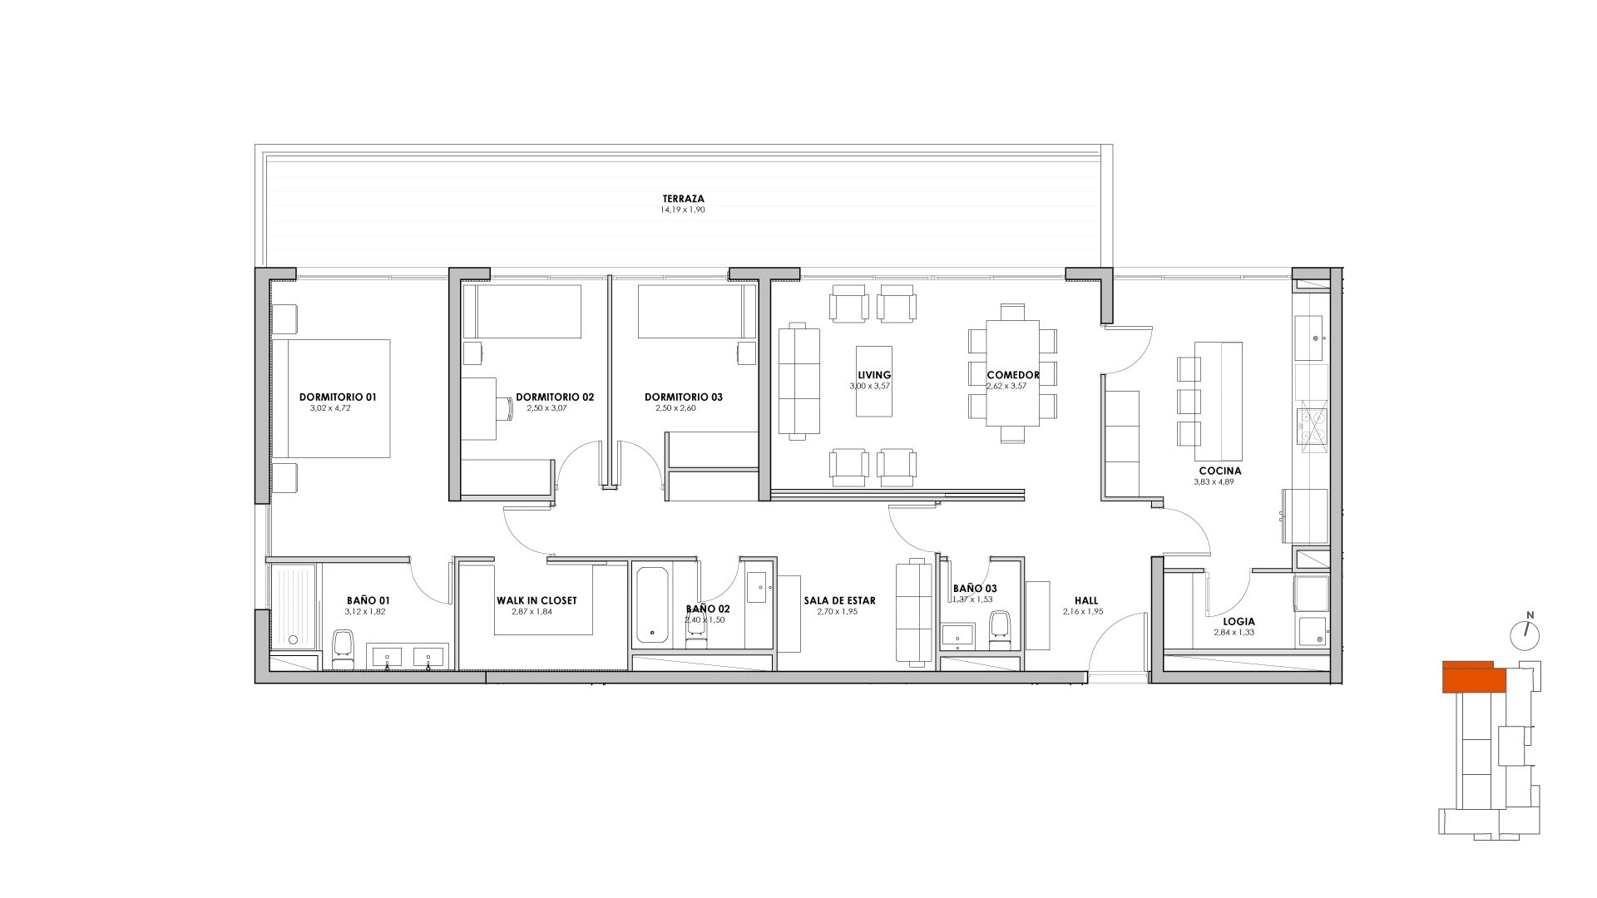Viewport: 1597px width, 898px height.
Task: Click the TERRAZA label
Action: click(683, 199)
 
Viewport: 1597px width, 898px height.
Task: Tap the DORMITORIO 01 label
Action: click(338, 397)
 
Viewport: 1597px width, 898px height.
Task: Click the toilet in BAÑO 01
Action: click(343, 649)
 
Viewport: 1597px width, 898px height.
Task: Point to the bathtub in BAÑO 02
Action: click(651, 604)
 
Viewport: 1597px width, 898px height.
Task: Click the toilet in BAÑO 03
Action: click(1000, 629)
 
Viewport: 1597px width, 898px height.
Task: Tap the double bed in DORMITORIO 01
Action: click(331, 398)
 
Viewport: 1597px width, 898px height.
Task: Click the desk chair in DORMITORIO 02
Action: click(504, 408)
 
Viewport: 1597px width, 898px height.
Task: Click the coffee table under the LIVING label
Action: click(874, 382)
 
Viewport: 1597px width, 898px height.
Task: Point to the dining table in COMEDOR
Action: click(1012, 373)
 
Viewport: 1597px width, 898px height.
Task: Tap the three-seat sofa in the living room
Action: click(799, 382)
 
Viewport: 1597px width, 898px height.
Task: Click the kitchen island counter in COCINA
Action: click(1219, 401)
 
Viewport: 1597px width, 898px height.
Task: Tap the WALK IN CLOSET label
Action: click(536, 600)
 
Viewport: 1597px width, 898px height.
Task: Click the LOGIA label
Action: click(1239, 621)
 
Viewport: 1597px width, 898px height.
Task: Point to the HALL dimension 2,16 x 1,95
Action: click(1083, 611)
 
